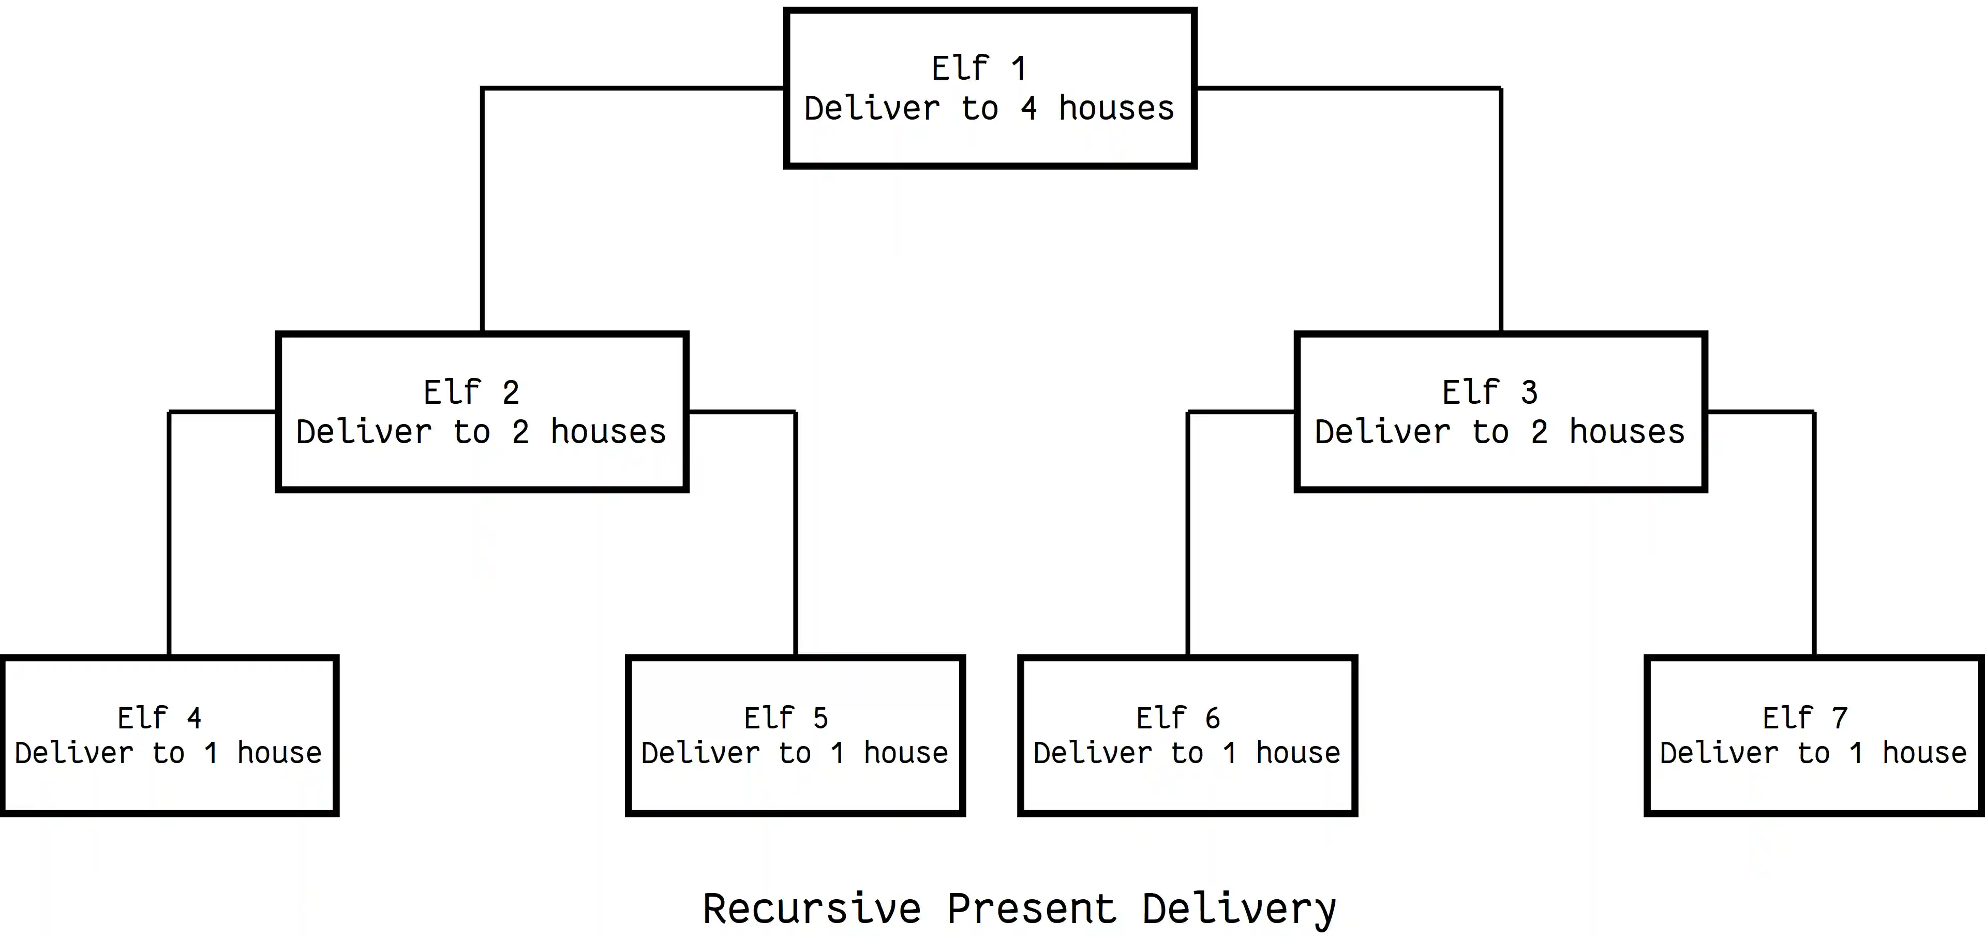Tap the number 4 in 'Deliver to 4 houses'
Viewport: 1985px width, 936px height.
[x=1029, y=109]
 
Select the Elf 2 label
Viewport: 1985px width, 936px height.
[x=471, y=392]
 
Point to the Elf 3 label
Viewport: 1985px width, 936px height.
[x=1489, y=392]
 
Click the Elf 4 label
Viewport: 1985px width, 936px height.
[x=159, y=719]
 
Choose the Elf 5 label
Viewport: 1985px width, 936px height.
[x=786, y=719]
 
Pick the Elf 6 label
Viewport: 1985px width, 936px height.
[x=1178, y=719]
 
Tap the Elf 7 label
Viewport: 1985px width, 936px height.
[x=1804, y=719]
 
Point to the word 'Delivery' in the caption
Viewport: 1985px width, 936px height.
[x=1238, y=910]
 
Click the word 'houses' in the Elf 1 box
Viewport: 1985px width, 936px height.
[x=1116, y=109]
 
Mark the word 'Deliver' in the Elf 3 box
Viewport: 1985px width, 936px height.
[x=1382, y=432]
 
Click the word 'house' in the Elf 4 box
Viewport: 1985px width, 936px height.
[x=279, y=753]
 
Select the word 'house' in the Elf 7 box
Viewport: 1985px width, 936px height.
[x=1924, y=753]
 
